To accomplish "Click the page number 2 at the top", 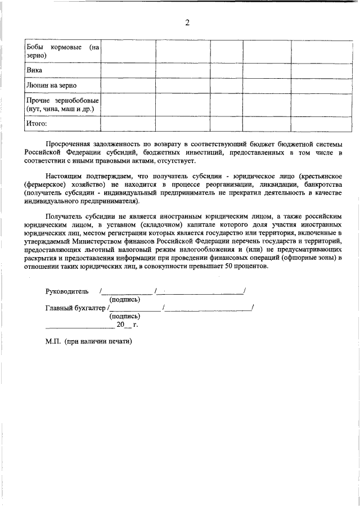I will [x=187, y=22].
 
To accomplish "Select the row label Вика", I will [x=34, y=70].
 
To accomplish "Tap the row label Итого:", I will [x=37, y=123].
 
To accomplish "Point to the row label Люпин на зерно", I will [x=51, y=85].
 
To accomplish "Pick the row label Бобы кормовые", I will [x=54, y=47].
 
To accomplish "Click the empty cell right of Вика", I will [x=128, y=70].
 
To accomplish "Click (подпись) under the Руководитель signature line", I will [x=124, y=300].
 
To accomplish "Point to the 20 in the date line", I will [x=120, y=325].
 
